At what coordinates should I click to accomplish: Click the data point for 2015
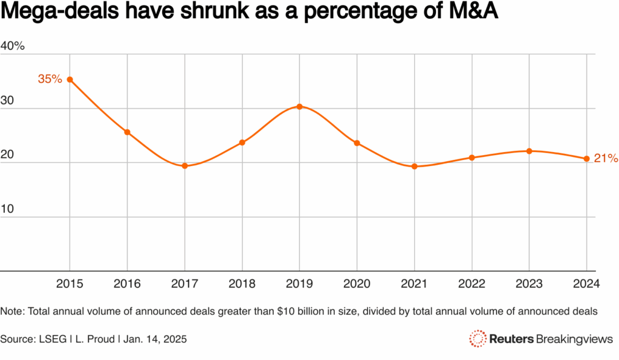(70, 80)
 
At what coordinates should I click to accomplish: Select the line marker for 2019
(300, 106)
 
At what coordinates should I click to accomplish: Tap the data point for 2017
(185, 166)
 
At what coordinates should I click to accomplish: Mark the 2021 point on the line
(415, 166)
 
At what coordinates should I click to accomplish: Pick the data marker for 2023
(530, 151)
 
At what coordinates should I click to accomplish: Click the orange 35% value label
(50, 79)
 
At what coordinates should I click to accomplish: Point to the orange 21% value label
(606, 158)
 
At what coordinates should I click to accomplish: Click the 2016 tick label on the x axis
(127, 283)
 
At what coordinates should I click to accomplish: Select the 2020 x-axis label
(357, 283)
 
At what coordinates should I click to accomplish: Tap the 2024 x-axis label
(586, 283)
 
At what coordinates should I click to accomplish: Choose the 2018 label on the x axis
(242, 283)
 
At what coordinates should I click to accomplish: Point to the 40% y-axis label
(13, 46)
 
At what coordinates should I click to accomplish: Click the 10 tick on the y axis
(7, 208)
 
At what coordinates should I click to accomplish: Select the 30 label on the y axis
(7, 100)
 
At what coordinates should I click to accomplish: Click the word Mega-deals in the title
(60, 11)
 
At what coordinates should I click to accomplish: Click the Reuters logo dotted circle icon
(478, 339)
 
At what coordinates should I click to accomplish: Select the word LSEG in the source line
(53, 339)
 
